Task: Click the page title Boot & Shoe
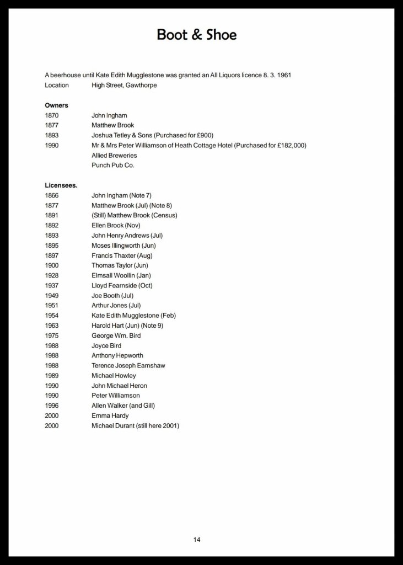[197, 35]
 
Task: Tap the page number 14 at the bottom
[197, 539]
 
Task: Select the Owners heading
[56, 105]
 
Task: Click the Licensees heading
[61, 185]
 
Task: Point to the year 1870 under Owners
[52, 115]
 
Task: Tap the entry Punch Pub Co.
[113, 165]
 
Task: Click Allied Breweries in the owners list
[114, 155]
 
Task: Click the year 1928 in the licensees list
[52, 275]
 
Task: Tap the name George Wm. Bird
[116, 335]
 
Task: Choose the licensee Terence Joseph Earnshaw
[128, 365]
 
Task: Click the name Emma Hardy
[110, 415]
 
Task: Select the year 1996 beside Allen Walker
[52, 406]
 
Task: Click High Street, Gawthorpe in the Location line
[124, 85]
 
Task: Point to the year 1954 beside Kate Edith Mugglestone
[52, 316]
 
